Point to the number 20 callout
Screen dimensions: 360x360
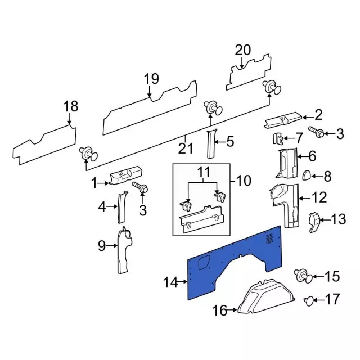click(242, 50)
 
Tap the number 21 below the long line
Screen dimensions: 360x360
click(185, 149)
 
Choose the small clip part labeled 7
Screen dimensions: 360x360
click(278, 138)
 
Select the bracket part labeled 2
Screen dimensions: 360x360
click(283, 119)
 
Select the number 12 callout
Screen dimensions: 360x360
click(319, 197)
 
